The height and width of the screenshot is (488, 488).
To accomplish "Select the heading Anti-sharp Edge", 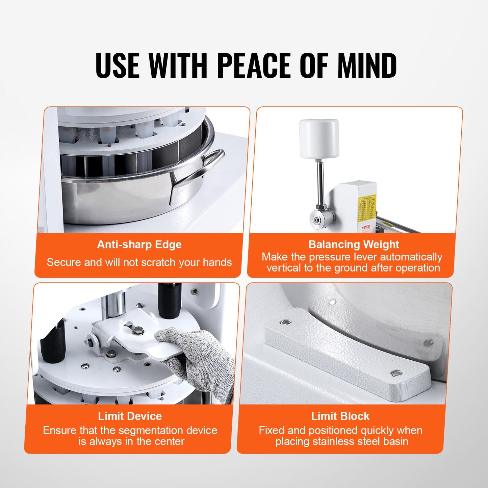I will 139,245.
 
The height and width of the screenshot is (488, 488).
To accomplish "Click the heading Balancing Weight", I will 354,245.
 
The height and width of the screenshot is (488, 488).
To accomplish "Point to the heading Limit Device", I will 130,416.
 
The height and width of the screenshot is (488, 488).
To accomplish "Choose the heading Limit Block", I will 340,416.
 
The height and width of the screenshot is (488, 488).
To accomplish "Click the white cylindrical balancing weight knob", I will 319,138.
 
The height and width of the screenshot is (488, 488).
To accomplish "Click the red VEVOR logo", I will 366,227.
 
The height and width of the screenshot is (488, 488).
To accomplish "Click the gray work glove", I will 199,358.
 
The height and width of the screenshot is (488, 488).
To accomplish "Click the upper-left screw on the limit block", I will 286,322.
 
